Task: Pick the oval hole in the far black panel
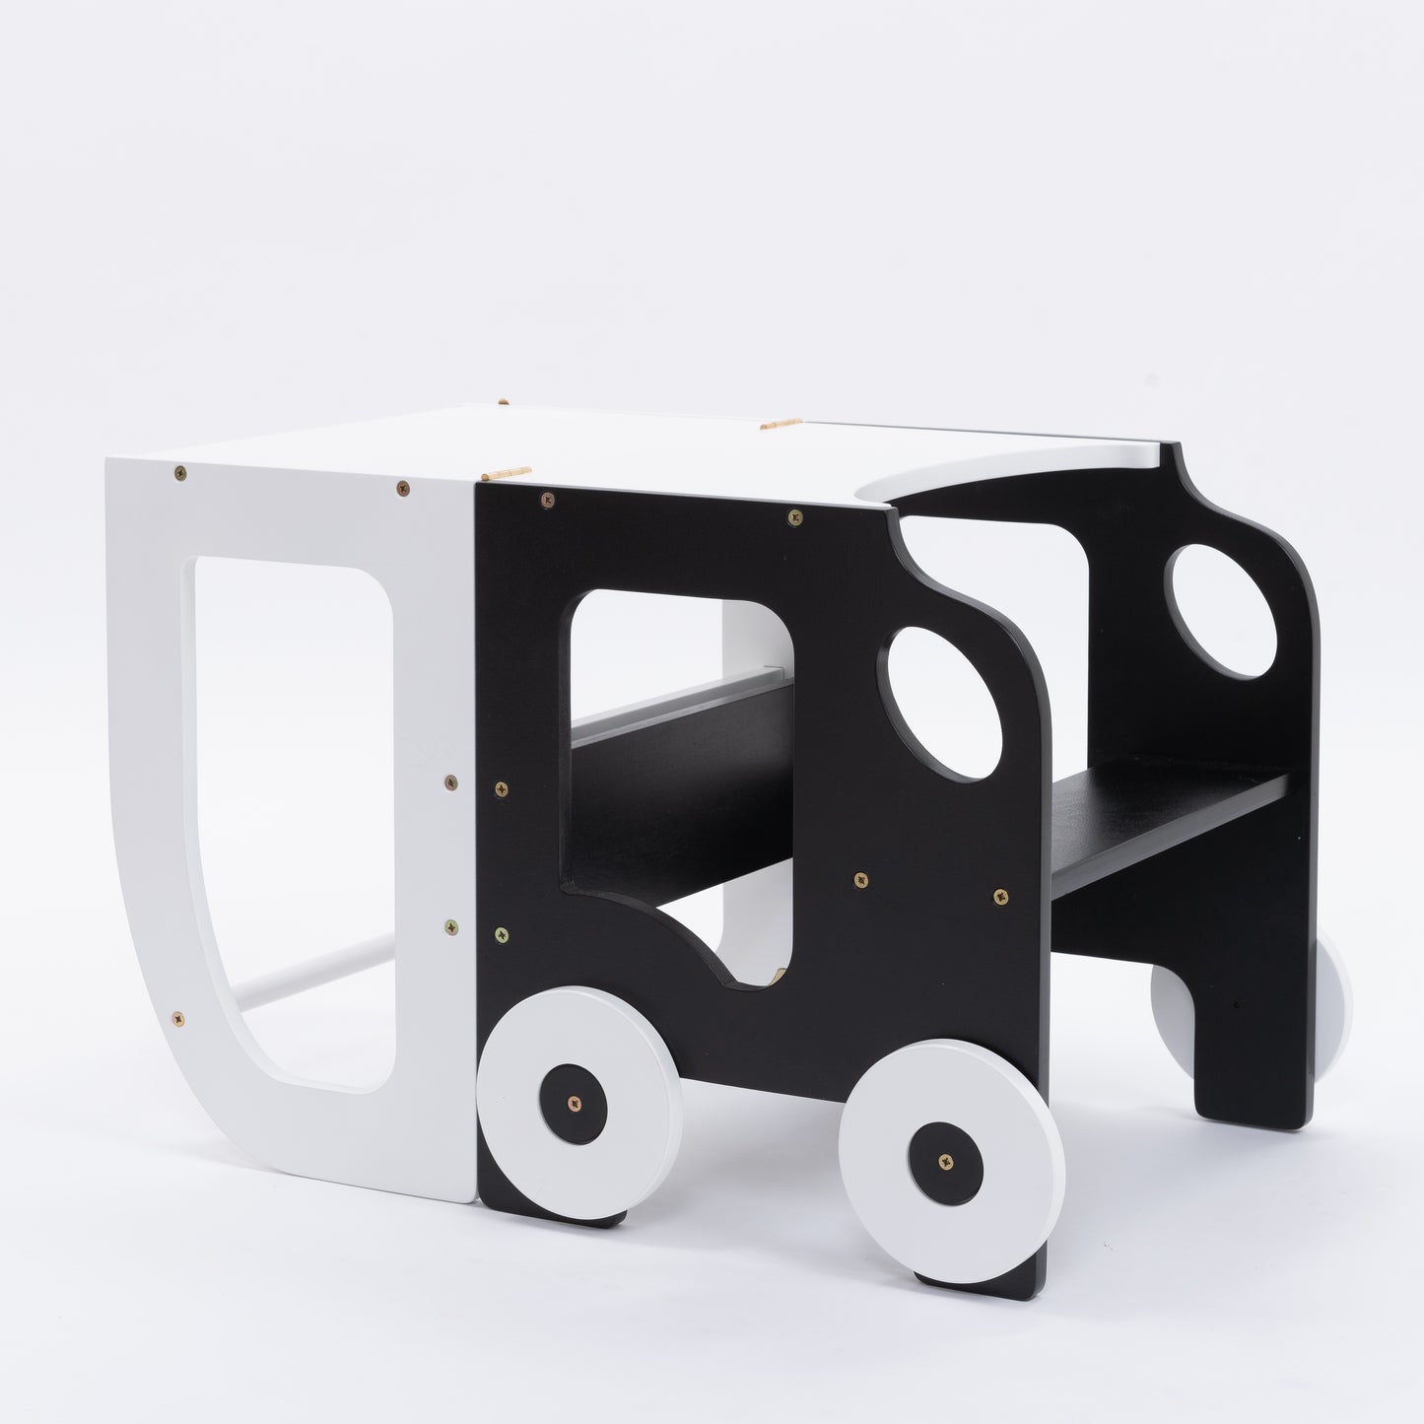(1222, 612)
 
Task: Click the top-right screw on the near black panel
(793, 517)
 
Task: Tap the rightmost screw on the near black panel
(1000, 897)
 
